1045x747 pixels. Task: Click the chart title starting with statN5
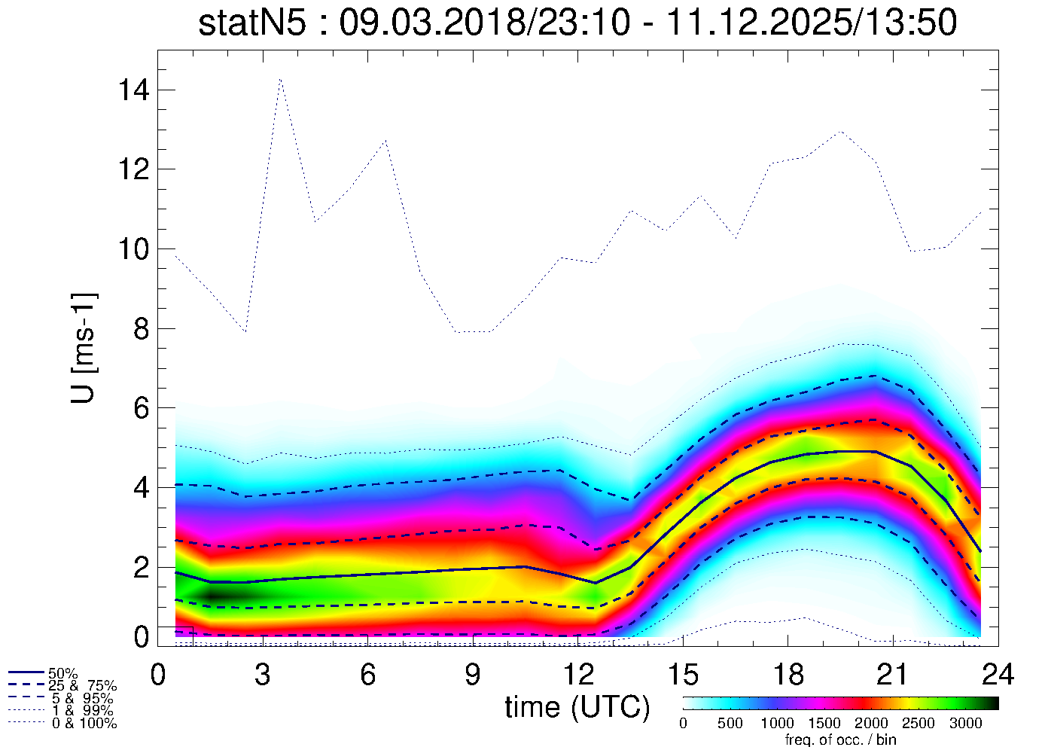pyautogui.click(x=577, y=23)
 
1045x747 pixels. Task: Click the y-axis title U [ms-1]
pyautogui.click(x=84, y=347)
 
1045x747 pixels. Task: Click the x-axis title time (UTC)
pyautogui.click(x=577, y=707)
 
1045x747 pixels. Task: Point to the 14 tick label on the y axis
pyautogui.click(x=133, y=90)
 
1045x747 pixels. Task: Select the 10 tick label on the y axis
pyautogui.click(x=133, y=248)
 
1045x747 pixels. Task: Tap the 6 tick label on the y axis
pyautogui.click(x=141, y=408)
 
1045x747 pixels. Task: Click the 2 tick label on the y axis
pyautogui.click(x=141, y=567)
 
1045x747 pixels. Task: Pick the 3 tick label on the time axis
pyautogui.click(x=262, y=675)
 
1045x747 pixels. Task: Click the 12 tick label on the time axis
pyautogui.click(x=577, y=675)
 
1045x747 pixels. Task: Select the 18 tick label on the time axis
pyautogui.click(x=788, y=675)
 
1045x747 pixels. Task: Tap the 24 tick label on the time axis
pyautogui.click(x=998, y=675)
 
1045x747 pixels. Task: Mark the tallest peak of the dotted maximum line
pyautogui.click(x=280, y=78)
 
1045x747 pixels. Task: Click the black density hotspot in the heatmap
pyautogui.click(x=215, y=595)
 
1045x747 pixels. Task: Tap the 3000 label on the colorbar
pyautogui.click(x=965, y=724)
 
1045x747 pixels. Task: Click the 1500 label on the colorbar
pyautogui.click(x=824, y=724)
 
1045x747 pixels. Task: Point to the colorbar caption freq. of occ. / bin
pyautogui.click(x=840, y=739)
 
